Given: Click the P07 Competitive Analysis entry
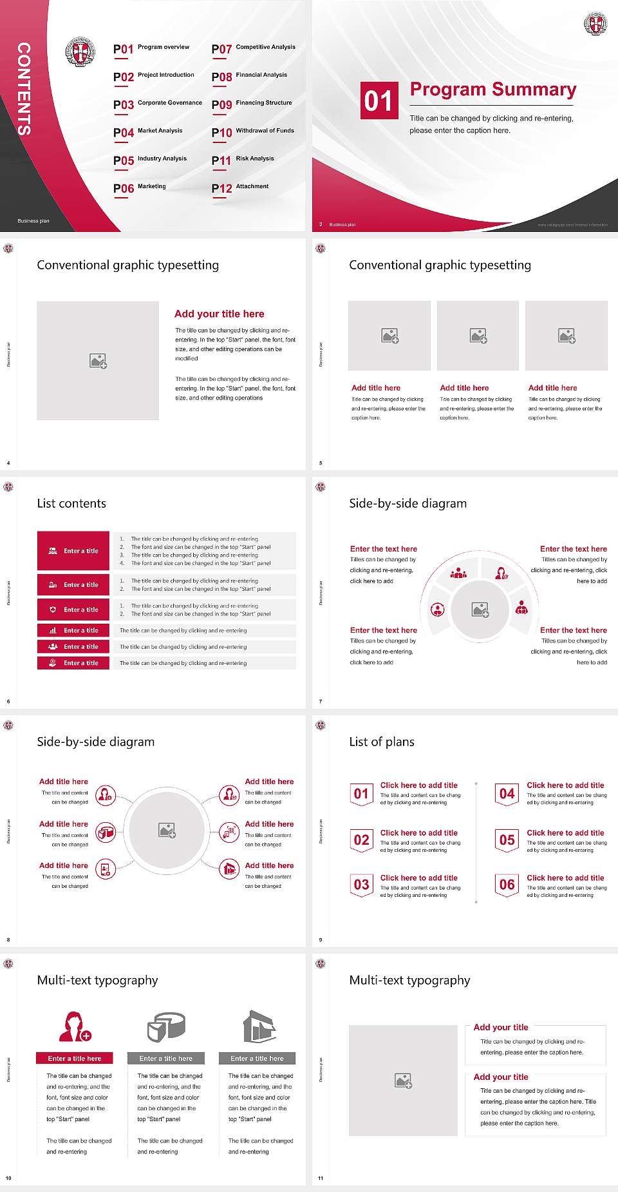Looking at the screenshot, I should [253, 48].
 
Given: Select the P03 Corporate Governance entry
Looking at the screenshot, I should [158, 104].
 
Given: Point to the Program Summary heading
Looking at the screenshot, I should [492, 90].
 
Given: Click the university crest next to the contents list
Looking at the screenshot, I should [80, 52].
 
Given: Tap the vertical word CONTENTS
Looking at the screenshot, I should [24, 88].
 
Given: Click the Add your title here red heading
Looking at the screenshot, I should [219, 314].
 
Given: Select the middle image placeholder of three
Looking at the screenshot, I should [478, 336].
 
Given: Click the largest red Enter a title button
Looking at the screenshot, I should [73, 551].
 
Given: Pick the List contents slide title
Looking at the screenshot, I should [71, 503].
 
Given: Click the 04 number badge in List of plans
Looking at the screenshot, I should [507, 794].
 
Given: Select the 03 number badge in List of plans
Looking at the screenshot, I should [361, 885].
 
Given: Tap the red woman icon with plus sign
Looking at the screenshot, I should [75, 1026].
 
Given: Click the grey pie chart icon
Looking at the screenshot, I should [166, 1026].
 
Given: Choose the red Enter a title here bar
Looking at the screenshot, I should [74, 1058].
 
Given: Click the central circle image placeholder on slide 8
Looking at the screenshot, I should [167, 831].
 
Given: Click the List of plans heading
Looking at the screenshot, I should [381, 742].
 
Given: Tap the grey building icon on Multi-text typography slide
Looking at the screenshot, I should [259, 1026].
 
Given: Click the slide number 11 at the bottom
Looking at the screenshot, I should [321, 1178].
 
